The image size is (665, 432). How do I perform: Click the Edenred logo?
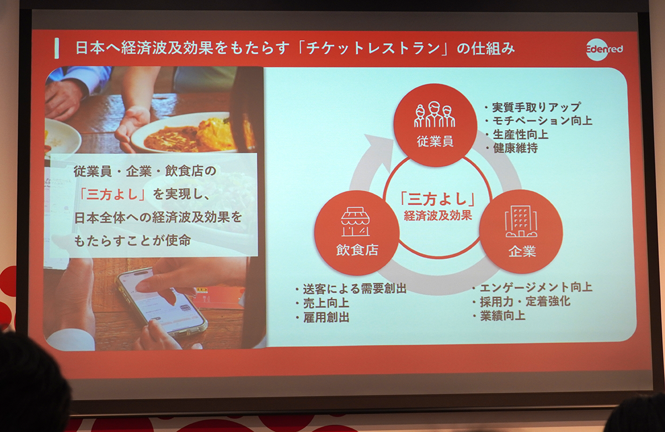click(x=604, y=49)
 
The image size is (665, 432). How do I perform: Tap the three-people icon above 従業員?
click(x=434, y=114)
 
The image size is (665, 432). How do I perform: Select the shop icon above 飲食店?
click(x=355, y=222)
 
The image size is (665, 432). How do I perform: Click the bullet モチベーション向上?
click(x=538, y=121)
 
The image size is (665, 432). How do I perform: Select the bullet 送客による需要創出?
click(x=351, y=288)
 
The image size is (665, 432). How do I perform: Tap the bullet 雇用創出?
click(x=322, y=317)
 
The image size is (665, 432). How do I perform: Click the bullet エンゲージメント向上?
click(x=533, y=287)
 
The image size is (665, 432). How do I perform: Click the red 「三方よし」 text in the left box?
click(x=112, y=194)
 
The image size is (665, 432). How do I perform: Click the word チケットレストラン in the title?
click(x=373, y=48)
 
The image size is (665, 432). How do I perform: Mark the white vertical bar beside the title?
click(x=57, y=48)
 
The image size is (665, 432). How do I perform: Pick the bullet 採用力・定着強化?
click(x=521, y=302)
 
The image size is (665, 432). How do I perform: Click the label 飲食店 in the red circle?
click(x=357, y=250)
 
